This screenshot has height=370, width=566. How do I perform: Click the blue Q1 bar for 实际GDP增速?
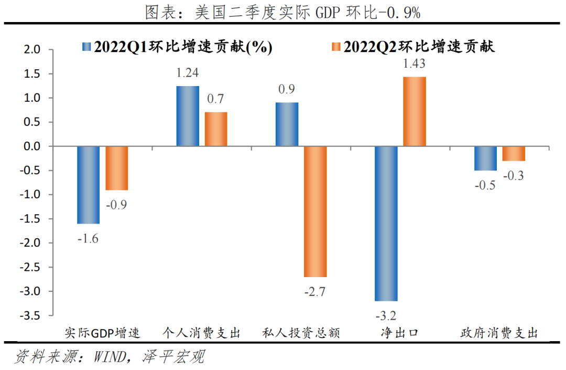tap(88, 185)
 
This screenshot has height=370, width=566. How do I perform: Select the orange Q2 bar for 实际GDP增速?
tap(117, 168)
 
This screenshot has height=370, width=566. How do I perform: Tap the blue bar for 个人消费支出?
tap(188, 116)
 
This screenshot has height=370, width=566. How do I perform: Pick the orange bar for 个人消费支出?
tap(216, 129)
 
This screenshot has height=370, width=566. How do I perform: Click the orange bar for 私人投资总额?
tap(315, 212)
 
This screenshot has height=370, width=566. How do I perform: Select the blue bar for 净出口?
tap(386, 224)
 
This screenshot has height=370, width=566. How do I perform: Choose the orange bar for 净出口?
tap(414, 112)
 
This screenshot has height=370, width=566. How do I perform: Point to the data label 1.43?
tap(414, 64)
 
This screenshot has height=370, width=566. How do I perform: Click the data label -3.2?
tap(386, 315)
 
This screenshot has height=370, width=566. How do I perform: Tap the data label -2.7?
tap(315, 291)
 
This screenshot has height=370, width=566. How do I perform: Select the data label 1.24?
tap(188, 73)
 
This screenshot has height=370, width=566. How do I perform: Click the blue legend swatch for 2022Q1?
tap(86, 47)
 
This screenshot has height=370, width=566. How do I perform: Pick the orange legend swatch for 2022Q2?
tap(336, 47)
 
